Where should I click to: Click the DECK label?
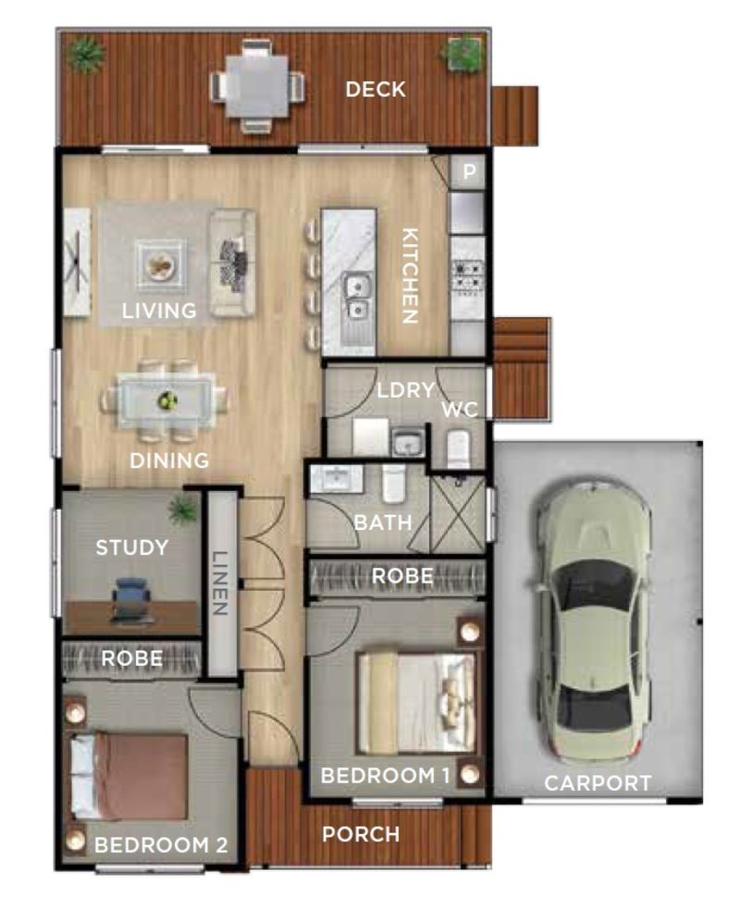(x=376, y=90)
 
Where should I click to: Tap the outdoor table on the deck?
(x=256, y=87)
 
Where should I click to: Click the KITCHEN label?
(x=410, y=276)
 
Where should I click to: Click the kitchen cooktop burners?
(x=467, y=276)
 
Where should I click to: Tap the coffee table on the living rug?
(x=160, y=264)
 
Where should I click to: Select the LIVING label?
(x=160, y=311)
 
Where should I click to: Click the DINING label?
(x=169, y=461)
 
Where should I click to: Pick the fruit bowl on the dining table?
(x=167, y=399)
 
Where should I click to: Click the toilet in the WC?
(x=458, y=448)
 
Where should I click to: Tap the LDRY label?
(x=406, y=390)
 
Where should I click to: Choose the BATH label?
(x=383, y=522)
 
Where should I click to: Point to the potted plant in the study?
(x=183, y=510)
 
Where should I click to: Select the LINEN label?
(x=220, y=583)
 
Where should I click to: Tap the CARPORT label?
(x=598, y=783)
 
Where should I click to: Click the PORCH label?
(x=361, y=835)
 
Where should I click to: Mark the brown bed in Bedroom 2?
(x=129, y=776)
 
